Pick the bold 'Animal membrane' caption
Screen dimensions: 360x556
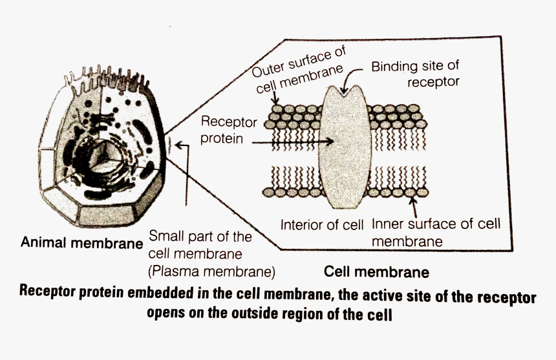click(x=81, y=243)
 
